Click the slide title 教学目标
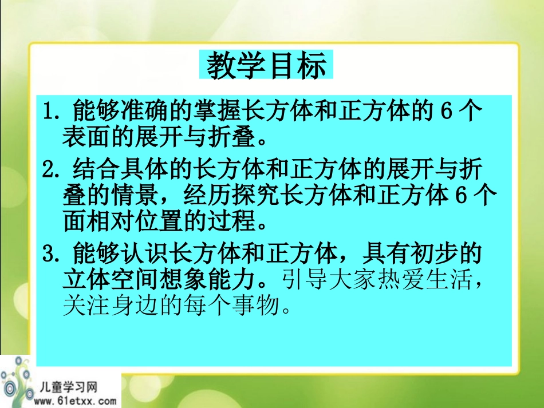pos(266,66)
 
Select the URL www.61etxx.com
pos(74,401)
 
